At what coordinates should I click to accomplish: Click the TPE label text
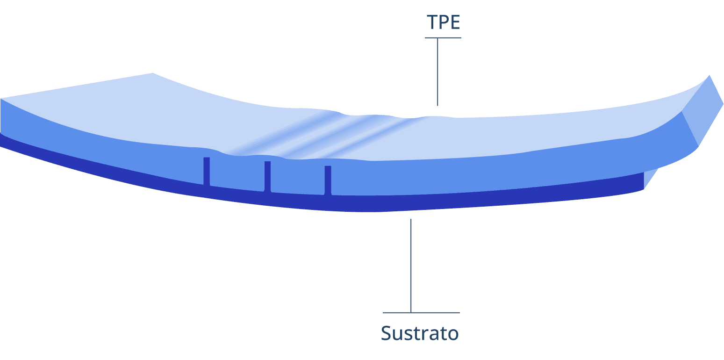pyautogui.click(x=443, y=22)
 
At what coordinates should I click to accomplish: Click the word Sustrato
pyautogui.click(x=420, y=333)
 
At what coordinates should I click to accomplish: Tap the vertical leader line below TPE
pyautogui.click(x=437, y=72)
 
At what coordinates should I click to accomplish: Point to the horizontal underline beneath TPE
pyautogui.click(x=443, y=38)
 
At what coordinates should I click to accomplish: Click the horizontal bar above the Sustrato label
pyautogui.click(x=421, y=313)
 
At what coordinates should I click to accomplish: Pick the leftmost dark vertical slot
pyautogui.click(x=207, y=171)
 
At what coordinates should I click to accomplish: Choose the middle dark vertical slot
pyautogui.click(x=267, y=176)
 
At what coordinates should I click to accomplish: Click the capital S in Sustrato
pyautogui.click(x=387, y=333)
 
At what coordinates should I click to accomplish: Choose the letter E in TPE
pyautogui.click(x=455, y=22)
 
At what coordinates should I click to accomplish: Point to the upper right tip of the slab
pyautogui.click(x=710, y=77)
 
